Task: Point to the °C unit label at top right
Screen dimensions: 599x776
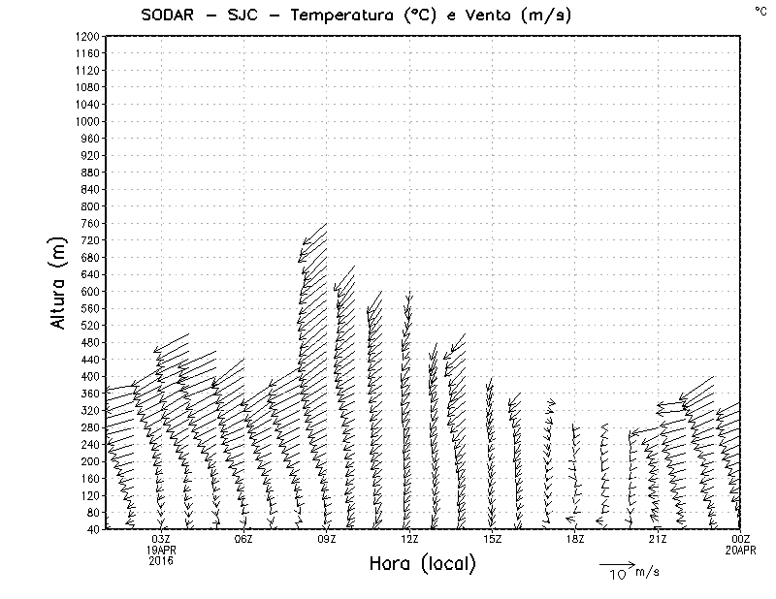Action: [x=760, y=10]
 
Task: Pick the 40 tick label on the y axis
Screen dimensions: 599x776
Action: [x=94, y=530]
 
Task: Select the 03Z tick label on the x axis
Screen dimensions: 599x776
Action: [x=161, y=539]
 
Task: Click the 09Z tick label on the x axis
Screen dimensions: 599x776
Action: [x=327, y=539]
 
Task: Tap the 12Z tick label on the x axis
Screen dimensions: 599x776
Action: [x=409, y=539]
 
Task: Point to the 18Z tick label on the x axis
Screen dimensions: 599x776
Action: [x=575, y=539]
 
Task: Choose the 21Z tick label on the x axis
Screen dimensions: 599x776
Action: [x=658, y=539]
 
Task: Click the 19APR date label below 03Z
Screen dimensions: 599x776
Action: [x=161, y=550]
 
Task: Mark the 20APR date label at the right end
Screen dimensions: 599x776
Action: [x=740, y=550]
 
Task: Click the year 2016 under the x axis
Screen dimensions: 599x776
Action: [x=161, y=560]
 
